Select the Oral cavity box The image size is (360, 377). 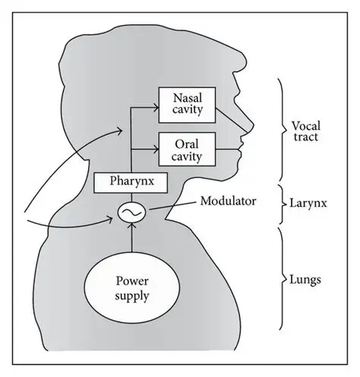(x=185, y=147)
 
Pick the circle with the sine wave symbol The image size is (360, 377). (x=132, y=212)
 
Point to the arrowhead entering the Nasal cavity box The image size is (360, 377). (x=154, y=108)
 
